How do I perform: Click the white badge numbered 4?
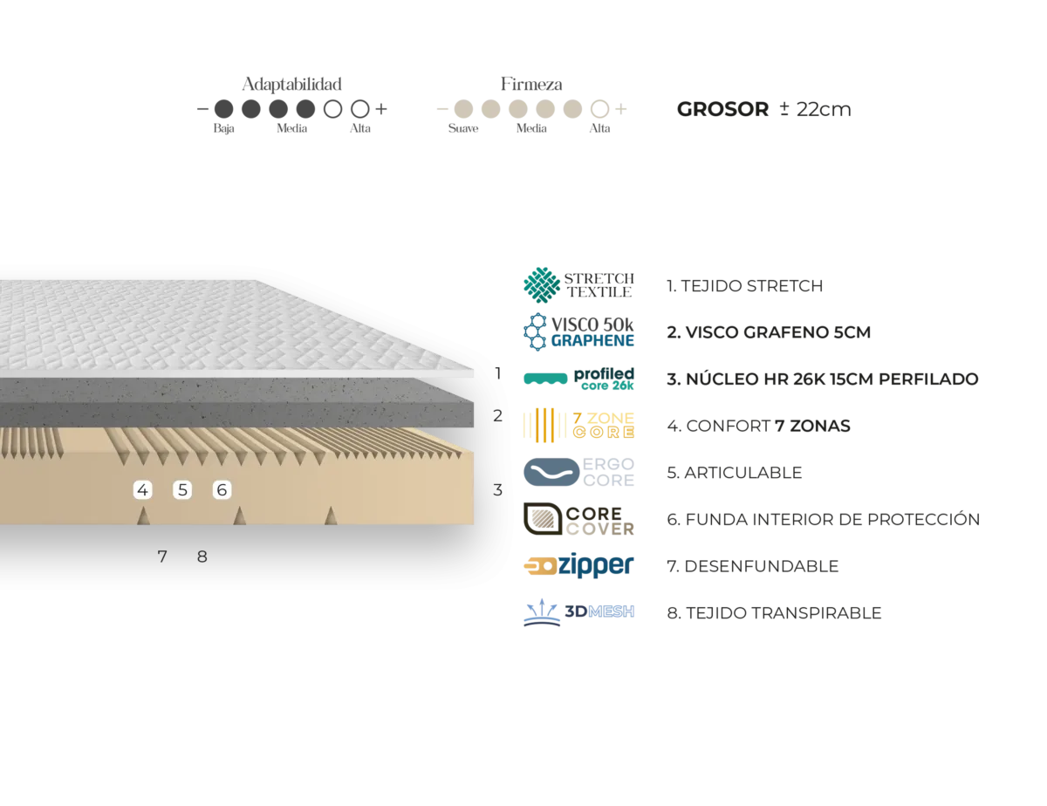click(x=143, y=490)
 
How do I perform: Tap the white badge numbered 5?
click(x=182, y=490)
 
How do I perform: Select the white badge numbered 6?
click(x=222, y=490)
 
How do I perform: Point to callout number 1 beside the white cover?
click(x=498, y=372)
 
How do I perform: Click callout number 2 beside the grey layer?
click(x=497, y=416)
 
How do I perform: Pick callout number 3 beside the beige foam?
click(x=497, y=490)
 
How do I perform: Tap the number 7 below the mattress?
click(x=162, y=557)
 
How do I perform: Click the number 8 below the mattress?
click(x=202, y=557)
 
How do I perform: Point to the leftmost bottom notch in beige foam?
click(x=143, y=516)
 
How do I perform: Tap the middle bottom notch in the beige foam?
click(x=239, y=516)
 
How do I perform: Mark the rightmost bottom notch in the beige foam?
click(x=331, y=516)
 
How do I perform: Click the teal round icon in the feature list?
click(x=541, y=284)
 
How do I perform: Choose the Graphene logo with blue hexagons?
click(x=579, y=331)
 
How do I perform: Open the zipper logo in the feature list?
click(x=579, y=565)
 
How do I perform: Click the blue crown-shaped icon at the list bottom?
click(x=543, y=610)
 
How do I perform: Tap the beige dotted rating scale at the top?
click(x=530, y=108)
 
